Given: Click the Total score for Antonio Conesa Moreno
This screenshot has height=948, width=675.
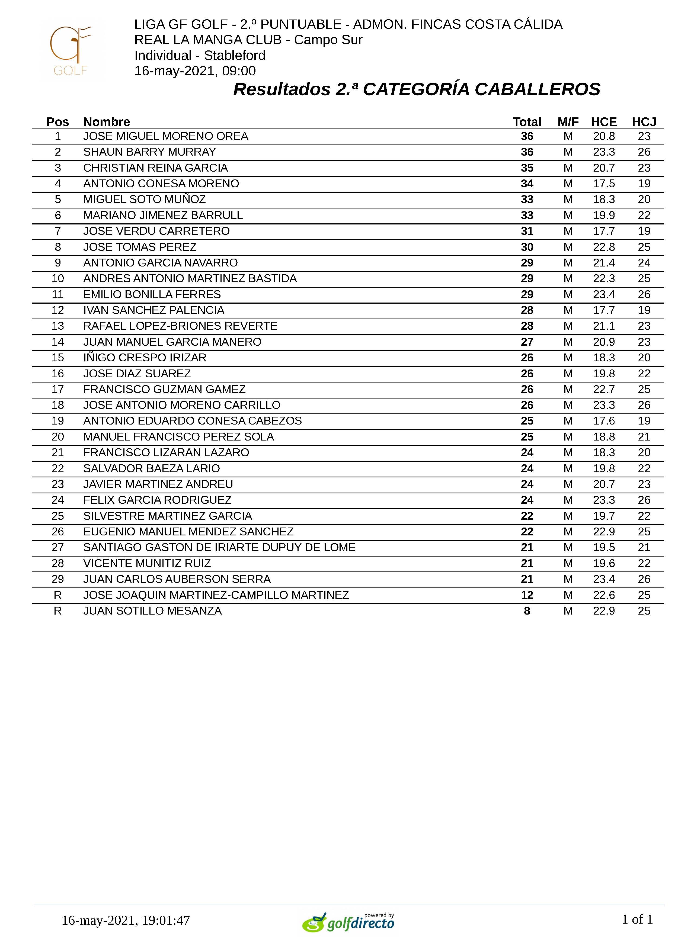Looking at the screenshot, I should tap(527, 184).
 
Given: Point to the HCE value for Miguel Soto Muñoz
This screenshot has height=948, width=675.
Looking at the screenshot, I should tap(603, 200).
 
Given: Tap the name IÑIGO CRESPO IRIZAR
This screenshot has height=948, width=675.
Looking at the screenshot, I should tap(145, 358).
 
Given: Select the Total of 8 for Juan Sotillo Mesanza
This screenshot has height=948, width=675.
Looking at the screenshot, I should tap(527, 611).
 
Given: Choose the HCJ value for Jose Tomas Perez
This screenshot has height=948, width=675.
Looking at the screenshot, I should tap(644, 247).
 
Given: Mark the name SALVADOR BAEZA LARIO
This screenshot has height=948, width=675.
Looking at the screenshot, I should tap(151, 469).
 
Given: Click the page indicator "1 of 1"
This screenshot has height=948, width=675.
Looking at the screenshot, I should tap(637, 919).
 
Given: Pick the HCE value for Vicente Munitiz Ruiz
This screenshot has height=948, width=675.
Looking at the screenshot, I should tap(603, 563).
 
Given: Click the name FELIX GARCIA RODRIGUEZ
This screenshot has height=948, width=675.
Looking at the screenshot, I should tap(157, 500).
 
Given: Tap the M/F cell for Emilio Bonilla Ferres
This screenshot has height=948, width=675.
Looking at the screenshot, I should tap(568, 294).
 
